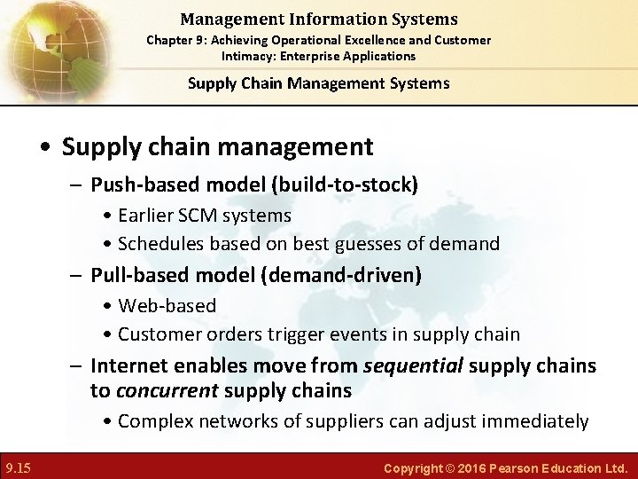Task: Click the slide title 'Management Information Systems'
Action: (318, 19)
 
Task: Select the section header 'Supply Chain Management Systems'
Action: (318, 83)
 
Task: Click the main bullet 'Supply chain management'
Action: (217, 145)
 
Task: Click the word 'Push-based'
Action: (134, 185)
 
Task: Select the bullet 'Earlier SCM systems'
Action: (205, 215)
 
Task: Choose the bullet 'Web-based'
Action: (167, 305)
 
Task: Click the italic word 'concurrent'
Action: (166, 390)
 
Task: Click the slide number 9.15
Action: (19, 467)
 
